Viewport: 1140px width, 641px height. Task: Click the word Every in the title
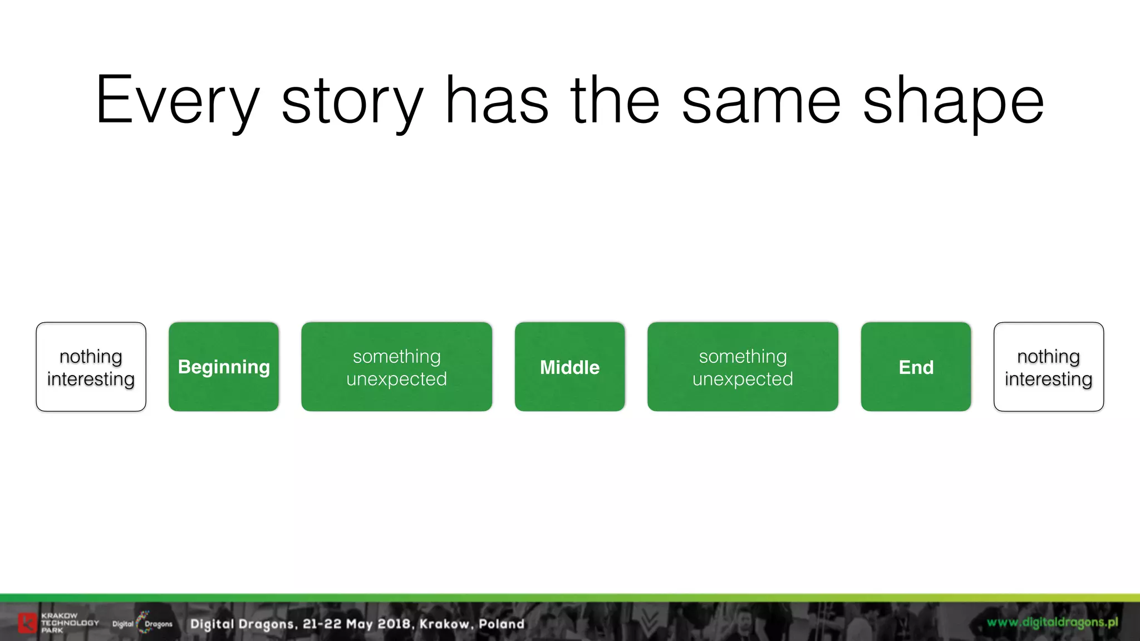(177, 101)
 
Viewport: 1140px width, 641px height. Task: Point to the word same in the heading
(761, 101)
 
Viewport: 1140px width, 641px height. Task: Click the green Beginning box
(224, 367)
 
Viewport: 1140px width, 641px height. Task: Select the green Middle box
(569, 367)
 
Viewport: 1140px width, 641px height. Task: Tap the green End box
(916, 367)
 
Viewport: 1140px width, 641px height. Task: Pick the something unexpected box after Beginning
(396, 367)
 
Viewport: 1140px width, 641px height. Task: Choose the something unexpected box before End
(743, 367)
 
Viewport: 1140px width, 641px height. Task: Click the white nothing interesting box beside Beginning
(91, 367)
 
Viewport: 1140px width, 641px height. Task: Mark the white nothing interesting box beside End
(1048, 367)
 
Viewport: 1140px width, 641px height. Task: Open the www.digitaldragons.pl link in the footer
(1052, 622)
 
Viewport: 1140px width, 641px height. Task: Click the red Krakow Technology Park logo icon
(27, 623)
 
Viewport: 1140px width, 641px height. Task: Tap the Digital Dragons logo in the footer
(142, 623)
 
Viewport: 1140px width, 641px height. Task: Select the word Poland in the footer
(502, 624)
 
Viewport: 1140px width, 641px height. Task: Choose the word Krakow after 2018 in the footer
(444, 624)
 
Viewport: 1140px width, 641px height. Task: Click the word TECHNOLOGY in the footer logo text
(70, 623)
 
